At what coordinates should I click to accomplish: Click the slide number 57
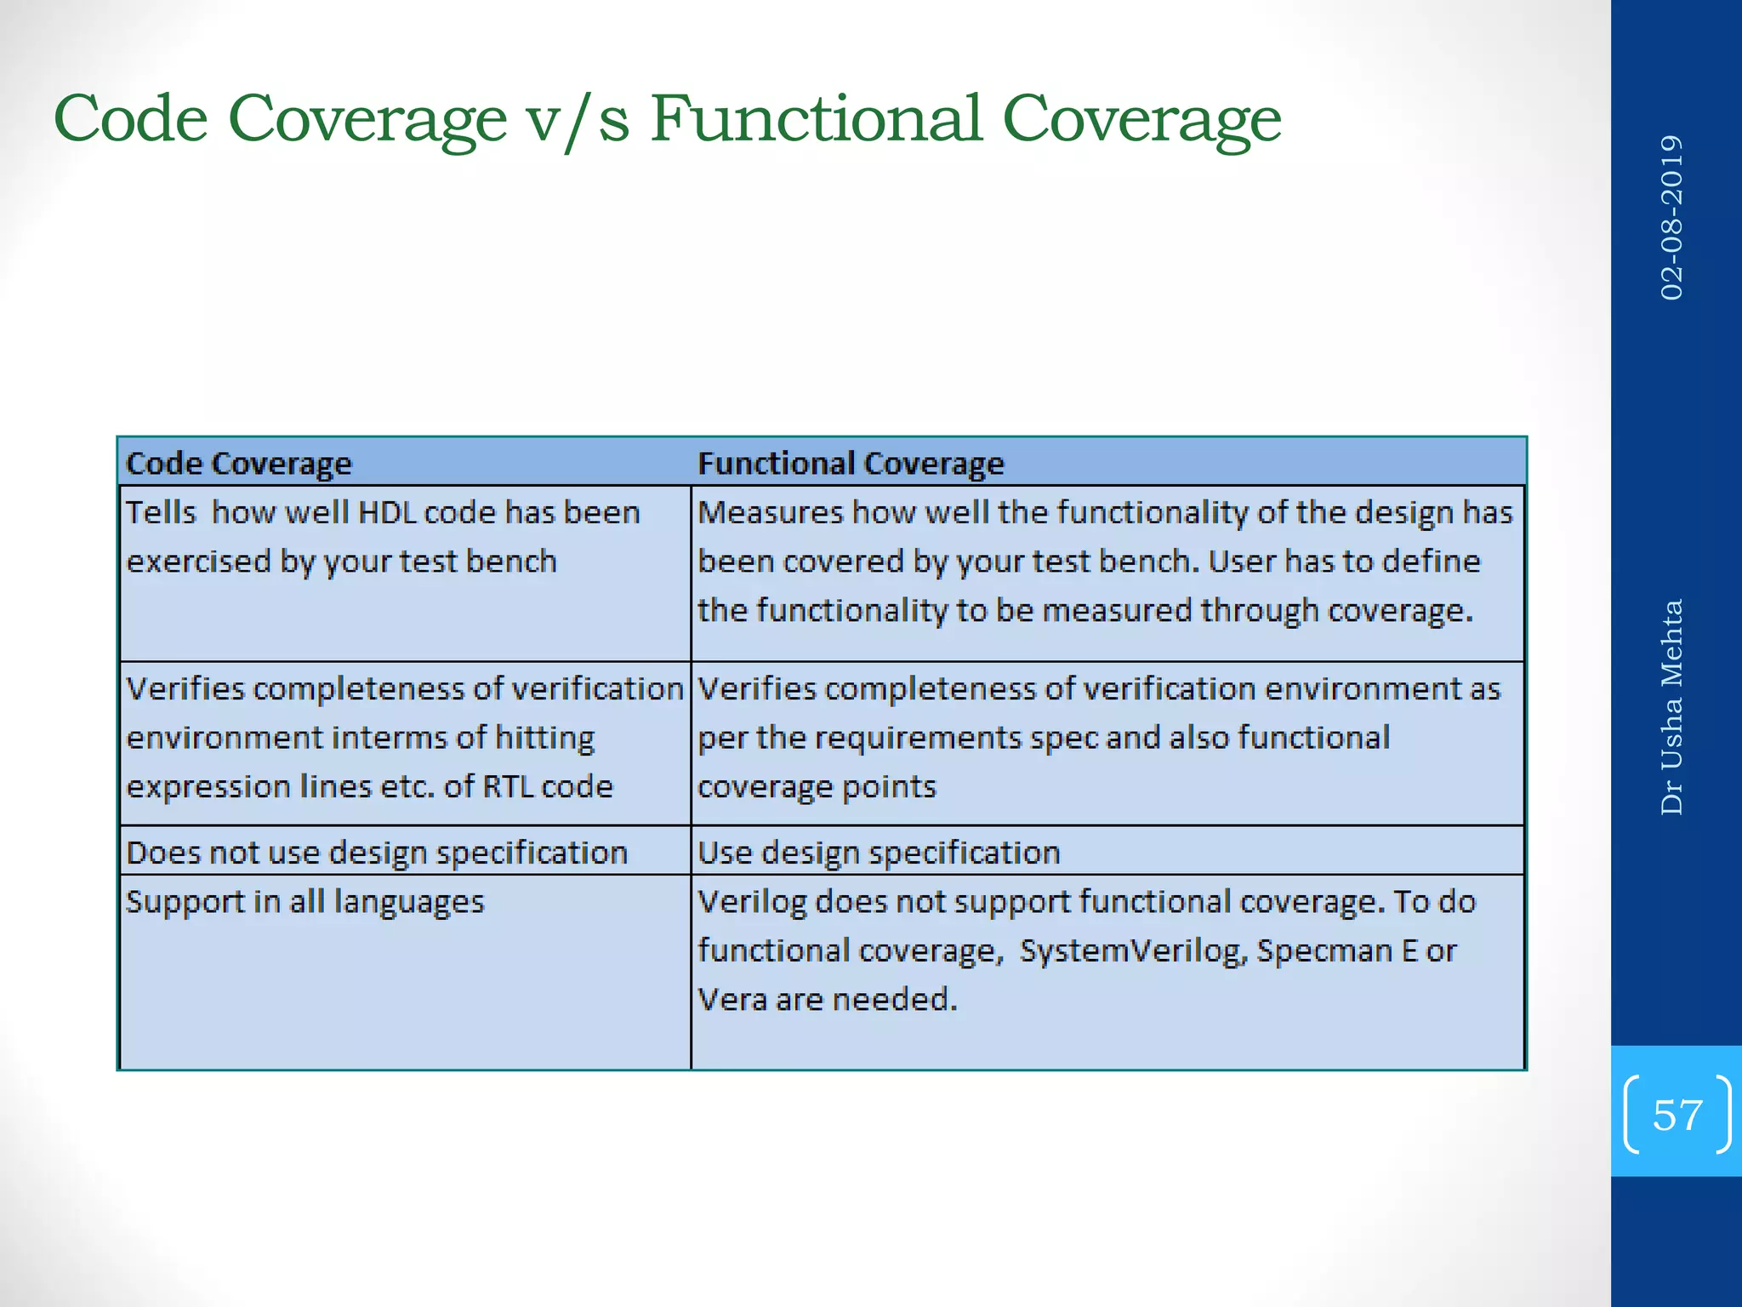click(1677, 1115)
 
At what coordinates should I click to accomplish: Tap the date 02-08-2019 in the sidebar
click(1671, 218)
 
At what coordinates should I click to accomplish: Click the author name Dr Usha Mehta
click(1671, 707)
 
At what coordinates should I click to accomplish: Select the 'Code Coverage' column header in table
click(238, 464)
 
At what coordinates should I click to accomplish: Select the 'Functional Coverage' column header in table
click(851, 464)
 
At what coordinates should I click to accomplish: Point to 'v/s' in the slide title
click(578, 119)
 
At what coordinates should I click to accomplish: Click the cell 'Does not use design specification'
click(377, 853)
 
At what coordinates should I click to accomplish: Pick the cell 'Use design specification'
click(879, 853)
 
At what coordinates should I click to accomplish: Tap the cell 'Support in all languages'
click(305, 902)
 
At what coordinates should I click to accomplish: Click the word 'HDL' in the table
click(387, 513)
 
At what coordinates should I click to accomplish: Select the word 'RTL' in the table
click(508, 787)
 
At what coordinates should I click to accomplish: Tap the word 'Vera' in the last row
click(732, 1000)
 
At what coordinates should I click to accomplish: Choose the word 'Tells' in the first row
click(161, 513)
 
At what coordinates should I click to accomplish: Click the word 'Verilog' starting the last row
click(751, 902)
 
